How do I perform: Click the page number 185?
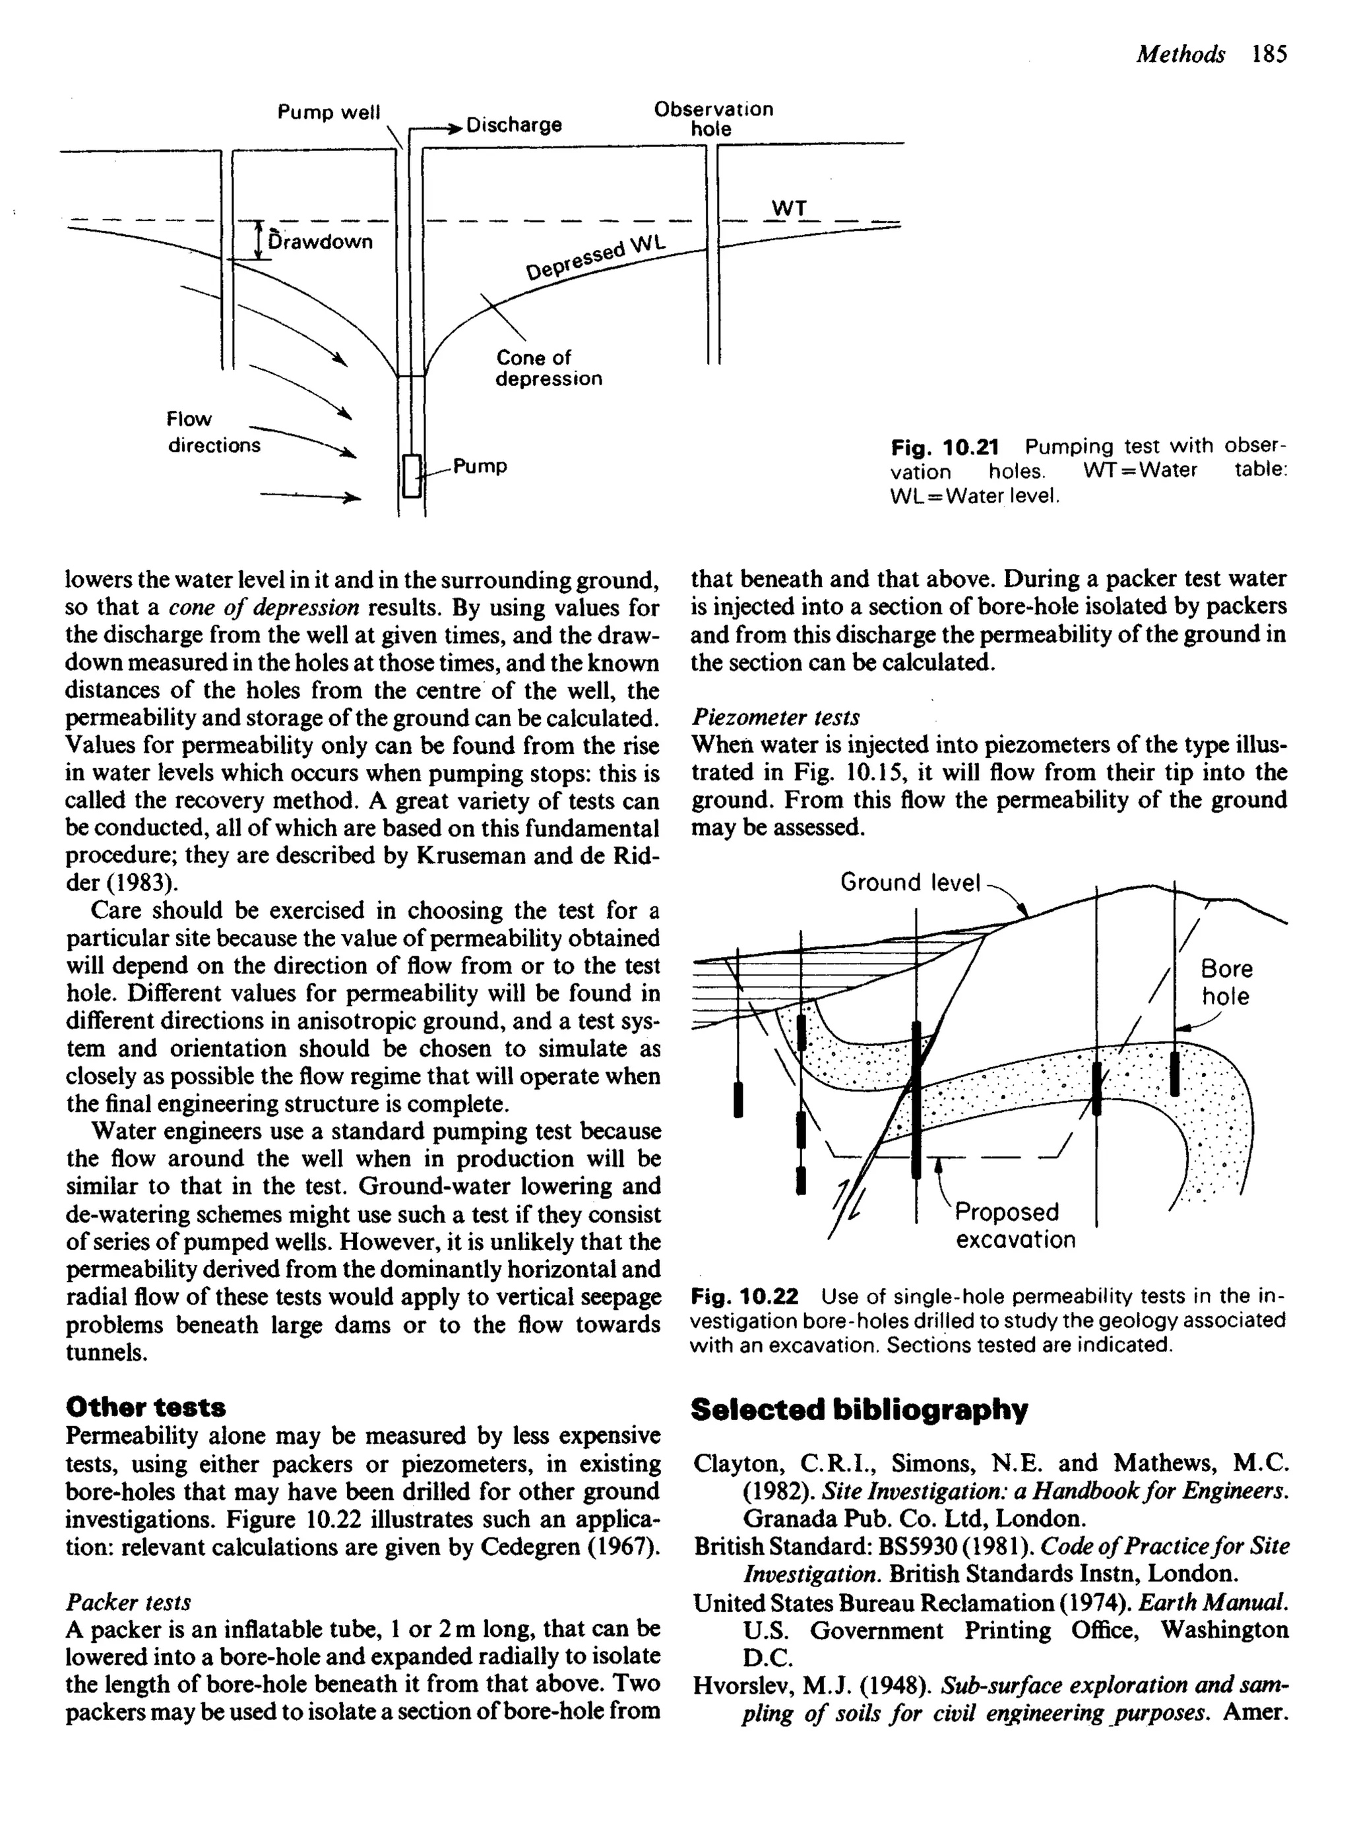pyautogui.click(x=1269, y=54)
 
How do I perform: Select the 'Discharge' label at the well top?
pyautogui.click(x=514, y=125)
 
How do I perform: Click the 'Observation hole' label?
pyautogui.click(x=712, y=119)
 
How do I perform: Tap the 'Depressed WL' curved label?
pyautogui.click(x=596, y=259)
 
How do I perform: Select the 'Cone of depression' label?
pyautogui.click(x=548, y=368)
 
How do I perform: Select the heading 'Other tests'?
pyautogui.click(x=146, y=1407)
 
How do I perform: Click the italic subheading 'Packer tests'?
pyautogui.click(x=127, y=1601)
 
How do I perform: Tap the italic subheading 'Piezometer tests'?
pyautogui.click(x=774, y=717)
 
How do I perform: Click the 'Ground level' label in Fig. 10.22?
pyautogui.click(x=910, y=883)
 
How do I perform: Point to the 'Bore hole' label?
pyautogui.click(x=1225, y=983)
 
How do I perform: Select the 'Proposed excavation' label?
pyautogui.click(x=1014, y=1225)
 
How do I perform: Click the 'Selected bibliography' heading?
pyautogui.click(x=859, y=1409)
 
